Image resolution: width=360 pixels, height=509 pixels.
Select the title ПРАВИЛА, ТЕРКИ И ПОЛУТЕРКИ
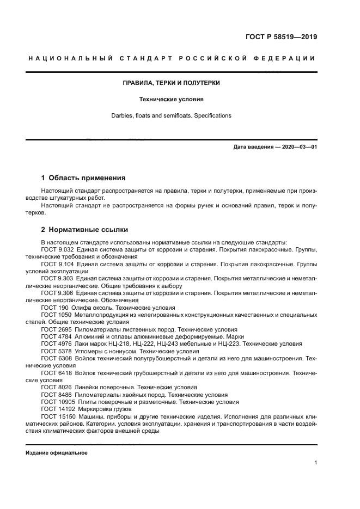[171, 83]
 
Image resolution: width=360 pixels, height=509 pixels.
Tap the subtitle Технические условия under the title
[171, 100]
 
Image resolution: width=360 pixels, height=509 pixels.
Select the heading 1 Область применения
[83, 177]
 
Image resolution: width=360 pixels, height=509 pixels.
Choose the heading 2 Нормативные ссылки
[84, 229]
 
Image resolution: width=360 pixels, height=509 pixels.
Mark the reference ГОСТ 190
[54, 308]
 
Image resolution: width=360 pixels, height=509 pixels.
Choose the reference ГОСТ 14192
[57, 409]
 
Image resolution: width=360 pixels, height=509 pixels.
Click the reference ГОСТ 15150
[57, 416]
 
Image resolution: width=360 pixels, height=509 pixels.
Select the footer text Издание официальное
[57, 452]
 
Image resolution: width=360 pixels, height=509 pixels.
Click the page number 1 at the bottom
[315, 462]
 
